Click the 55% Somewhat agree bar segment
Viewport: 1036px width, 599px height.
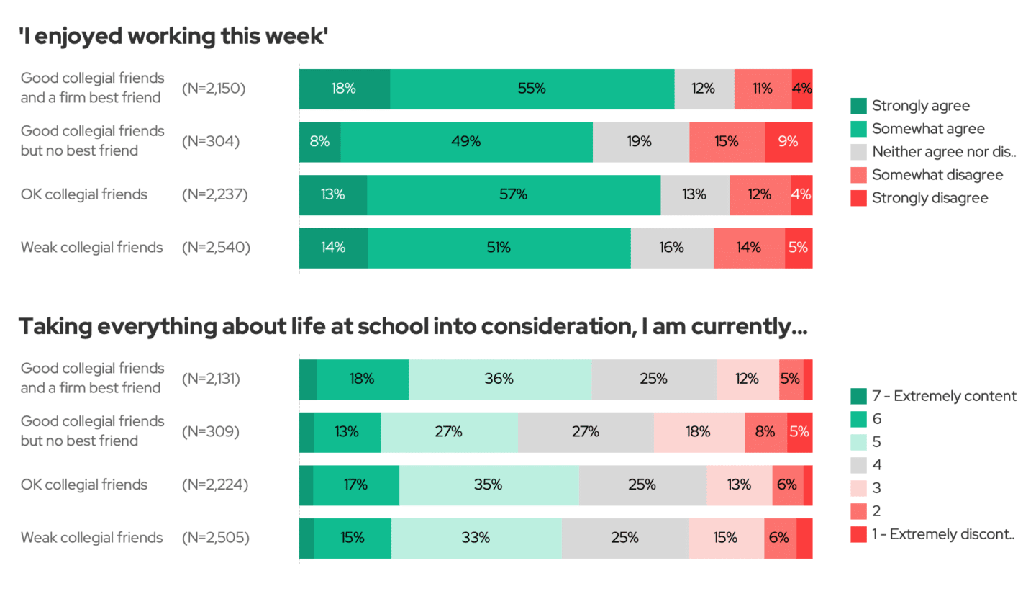pos(532,89)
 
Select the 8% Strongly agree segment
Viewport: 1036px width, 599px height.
pos(319,142)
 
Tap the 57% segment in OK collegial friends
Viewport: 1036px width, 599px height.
pos(514,194)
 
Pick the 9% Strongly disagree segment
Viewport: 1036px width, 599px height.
pos(789,142)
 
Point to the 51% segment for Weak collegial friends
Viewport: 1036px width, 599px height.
pos(499,248)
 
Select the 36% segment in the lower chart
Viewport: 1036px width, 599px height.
pos(499,379)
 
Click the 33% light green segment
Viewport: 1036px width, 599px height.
pos(476,538)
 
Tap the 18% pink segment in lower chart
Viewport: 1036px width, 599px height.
pos(699,432)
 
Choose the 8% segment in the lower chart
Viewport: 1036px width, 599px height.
pos(765,432)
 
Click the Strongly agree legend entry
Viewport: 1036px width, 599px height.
pos(910,106)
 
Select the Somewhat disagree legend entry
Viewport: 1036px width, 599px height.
pos(927,175)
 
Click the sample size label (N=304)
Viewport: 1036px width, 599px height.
pos(211,142)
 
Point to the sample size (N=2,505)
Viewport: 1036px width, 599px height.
pos(216,538)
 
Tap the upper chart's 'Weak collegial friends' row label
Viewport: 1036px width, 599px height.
pos(92,248)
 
